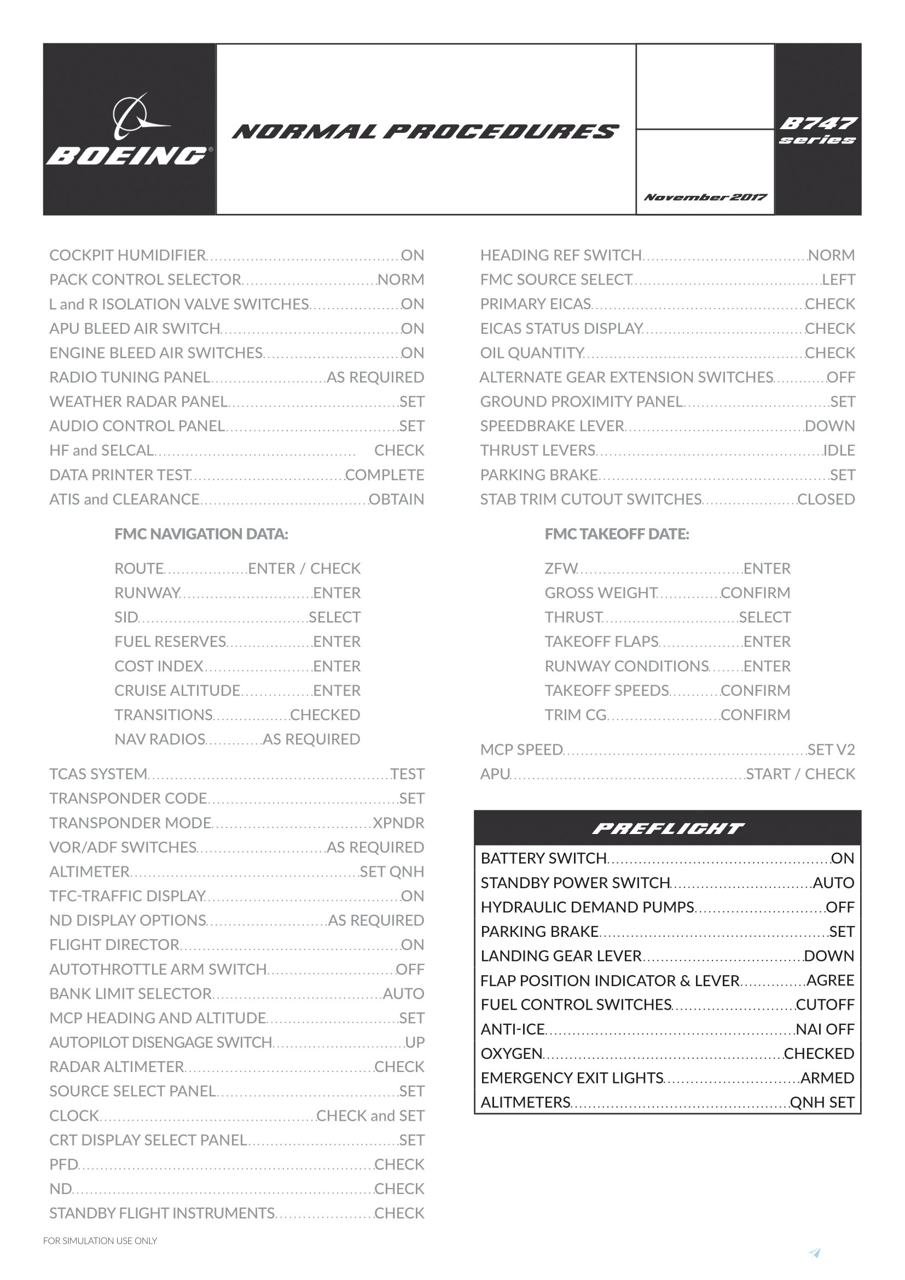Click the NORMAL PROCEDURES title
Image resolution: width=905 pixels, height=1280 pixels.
426,131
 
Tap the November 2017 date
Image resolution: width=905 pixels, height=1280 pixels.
705,198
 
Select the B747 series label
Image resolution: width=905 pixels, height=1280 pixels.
817,130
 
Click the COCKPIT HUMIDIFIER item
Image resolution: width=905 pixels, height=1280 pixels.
127,256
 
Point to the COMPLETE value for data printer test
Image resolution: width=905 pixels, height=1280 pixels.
385,475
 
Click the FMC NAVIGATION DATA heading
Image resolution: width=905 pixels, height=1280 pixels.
201,534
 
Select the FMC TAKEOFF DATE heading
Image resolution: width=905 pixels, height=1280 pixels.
617,534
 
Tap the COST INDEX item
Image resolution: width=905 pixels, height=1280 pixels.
159,666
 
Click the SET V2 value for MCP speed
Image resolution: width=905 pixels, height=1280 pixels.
831,750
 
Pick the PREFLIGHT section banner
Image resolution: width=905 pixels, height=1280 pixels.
667,829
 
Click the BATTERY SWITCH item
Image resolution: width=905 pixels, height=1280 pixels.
543,859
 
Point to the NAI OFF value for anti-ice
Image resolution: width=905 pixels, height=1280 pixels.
825,1029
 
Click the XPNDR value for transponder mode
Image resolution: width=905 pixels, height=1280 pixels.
398,823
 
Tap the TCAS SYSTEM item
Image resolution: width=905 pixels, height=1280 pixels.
98,774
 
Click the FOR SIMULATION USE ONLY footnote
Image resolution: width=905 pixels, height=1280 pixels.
100,1241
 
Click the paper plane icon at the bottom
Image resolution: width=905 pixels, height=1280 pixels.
815,1253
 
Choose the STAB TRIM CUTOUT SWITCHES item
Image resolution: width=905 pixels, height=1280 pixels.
591,500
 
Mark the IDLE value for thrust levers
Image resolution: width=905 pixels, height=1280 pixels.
839,450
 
